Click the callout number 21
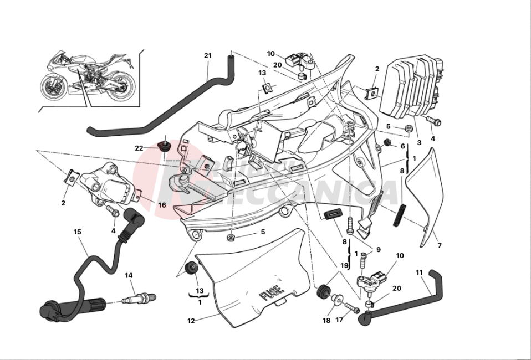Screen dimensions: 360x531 click(x=207, y=56)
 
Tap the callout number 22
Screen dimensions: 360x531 click(x=139, y=148)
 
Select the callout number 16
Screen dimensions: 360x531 click(x=162, y=205)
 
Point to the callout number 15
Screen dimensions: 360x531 click(x=77, y=232)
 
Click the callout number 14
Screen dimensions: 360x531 click(x=129, y=275)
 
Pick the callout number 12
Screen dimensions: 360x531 click(x=191, y=321)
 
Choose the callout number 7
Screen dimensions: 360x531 click(x=440, y=245)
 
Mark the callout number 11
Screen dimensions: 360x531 click(x=419, y=272)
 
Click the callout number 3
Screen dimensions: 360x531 click(x=419, y=142)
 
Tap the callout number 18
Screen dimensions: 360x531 click(x=326, y=321)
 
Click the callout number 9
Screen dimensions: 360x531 click(x=379, y=250)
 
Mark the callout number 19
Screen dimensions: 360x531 click(x=344, y=265)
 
